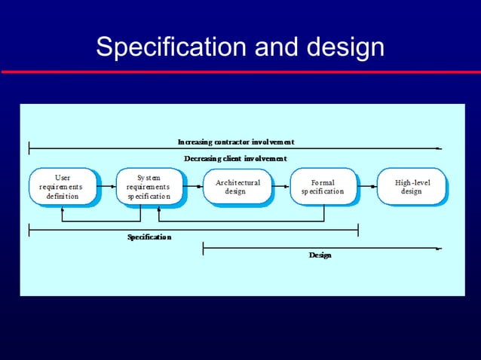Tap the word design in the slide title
(345, 47)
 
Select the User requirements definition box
(63, 186)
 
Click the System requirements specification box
(149, 186)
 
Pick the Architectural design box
(237, 186)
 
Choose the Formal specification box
(323, 186)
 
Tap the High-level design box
(412, 186)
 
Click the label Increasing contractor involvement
(235, 142)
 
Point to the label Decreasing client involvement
(235, 159)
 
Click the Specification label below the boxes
(149, 237)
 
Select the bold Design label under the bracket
(320, 255)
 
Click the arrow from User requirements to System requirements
(108, 185)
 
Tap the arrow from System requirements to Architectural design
(194, 185)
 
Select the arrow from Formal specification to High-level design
(369, 185)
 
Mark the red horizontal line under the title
(240, 72)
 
